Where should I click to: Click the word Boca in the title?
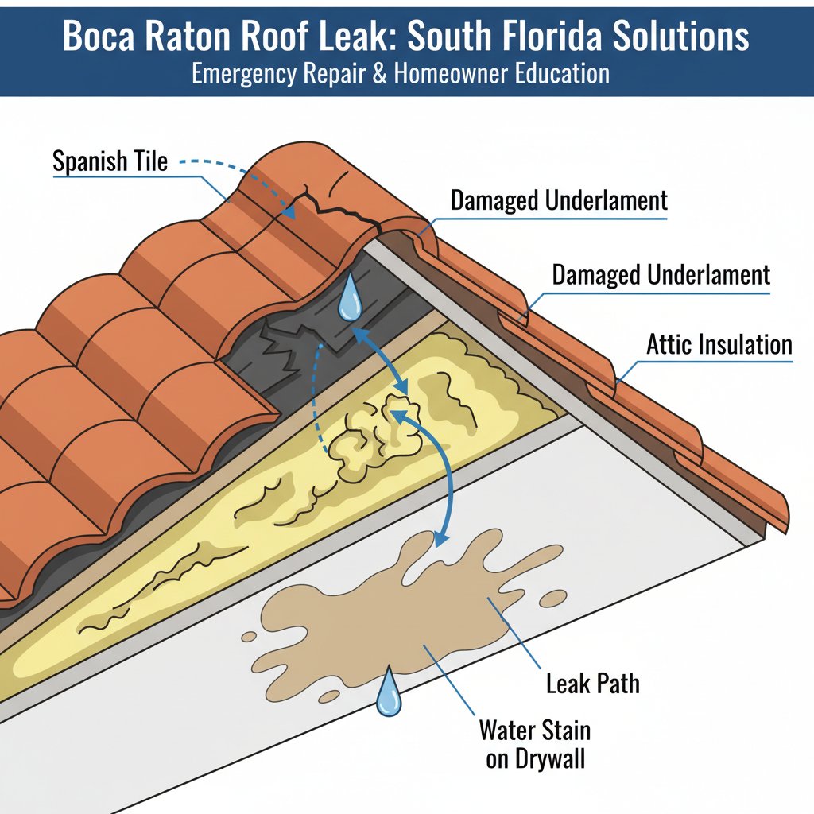tap(97, 36)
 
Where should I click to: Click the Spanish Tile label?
tap(110, 161)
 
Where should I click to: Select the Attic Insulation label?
tap(719, 345)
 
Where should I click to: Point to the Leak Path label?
tap(593, 684)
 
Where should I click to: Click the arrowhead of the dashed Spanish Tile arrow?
tap(289, 211)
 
